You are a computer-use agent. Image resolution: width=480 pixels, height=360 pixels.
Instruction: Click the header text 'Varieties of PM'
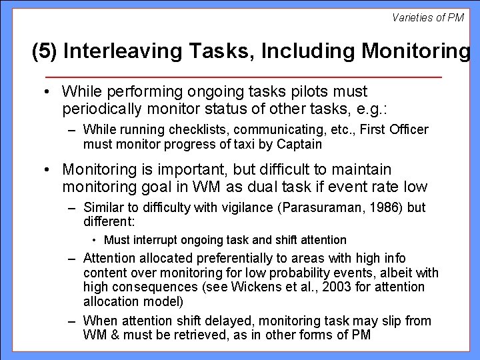[427, 17]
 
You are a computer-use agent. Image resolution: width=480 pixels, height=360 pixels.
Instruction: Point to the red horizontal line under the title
[240, 78]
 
